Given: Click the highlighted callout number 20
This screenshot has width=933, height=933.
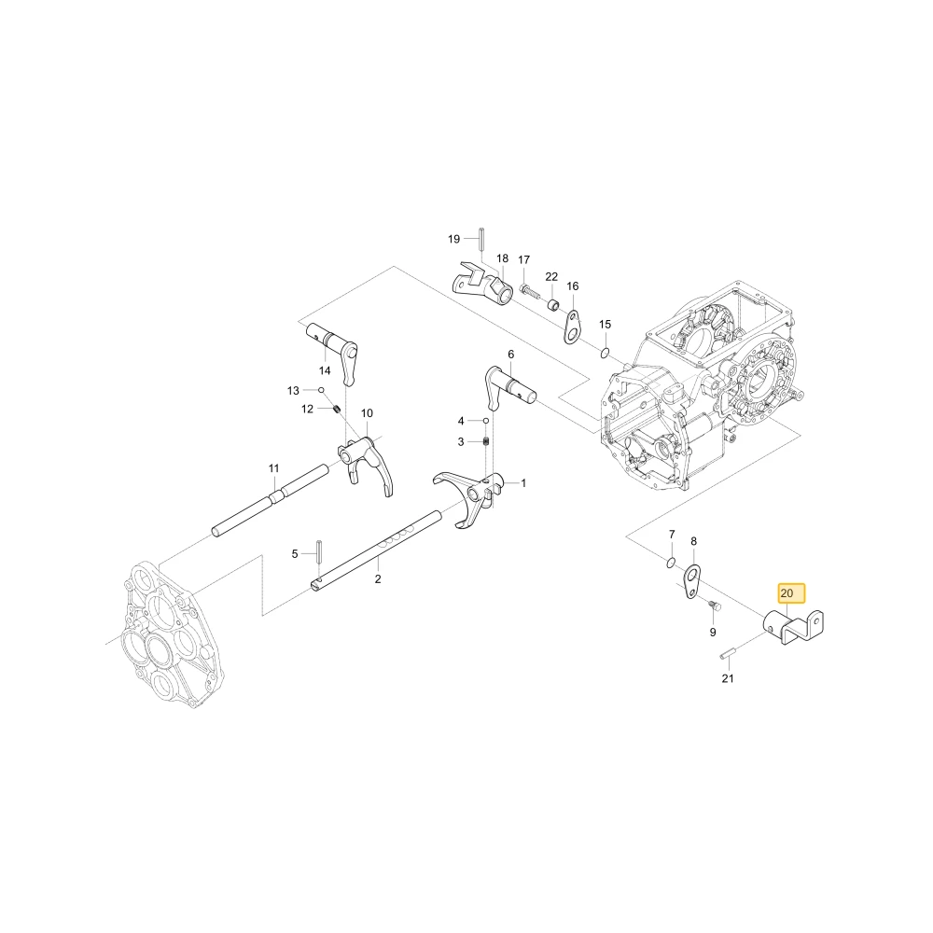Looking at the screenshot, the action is pyautogui.click(x=787, y=593).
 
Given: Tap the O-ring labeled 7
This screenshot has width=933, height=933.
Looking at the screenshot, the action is pyautogui.click(x=671, y=563).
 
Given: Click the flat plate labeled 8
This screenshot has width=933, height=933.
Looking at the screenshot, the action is pyautogui.click(x=691, y=581).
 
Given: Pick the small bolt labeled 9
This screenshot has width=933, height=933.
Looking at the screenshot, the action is pyautogui.click(x=716, y=606).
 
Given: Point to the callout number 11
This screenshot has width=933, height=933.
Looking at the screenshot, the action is pyautogui.click(x=273, y=469).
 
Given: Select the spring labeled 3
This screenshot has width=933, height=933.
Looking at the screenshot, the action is pyautogui.click(x=485, y=441).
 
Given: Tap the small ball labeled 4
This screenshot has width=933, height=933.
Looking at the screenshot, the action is pyautogui.click(x=485, y=421).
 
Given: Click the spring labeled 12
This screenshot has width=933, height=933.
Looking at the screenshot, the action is pyautogui.click(x=336, y=409).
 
